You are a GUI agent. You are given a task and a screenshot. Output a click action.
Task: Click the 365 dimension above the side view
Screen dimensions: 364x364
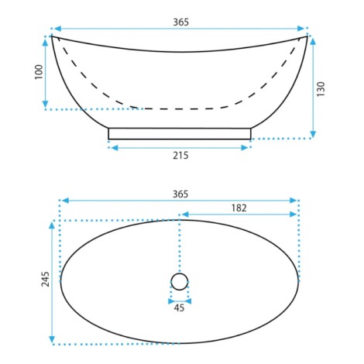(180, 22)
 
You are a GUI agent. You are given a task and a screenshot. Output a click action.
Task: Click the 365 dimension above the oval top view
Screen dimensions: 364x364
(180, 194)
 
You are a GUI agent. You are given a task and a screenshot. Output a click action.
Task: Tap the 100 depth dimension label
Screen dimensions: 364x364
(39, 72)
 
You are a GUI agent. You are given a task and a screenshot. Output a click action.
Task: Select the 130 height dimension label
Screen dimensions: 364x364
(321, 89)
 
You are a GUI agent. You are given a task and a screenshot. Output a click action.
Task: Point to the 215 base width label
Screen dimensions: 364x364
(180, 156)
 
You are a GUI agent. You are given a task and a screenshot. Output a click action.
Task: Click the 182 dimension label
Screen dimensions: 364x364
(239, 208)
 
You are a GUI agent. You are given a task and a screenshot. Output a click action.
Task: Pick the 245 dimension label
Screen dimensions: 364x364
(46, 279)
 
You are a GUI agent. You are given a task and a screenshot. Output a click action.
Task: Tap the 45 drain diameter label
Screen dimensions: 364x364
(179, 307)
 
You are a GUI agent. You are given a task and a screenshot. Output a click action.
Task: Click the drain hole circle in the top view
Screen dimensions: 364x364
(180, 281)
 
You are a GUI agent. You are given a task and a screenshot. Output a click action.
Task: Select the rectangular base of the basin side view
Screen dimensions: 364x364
(180, 133)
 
